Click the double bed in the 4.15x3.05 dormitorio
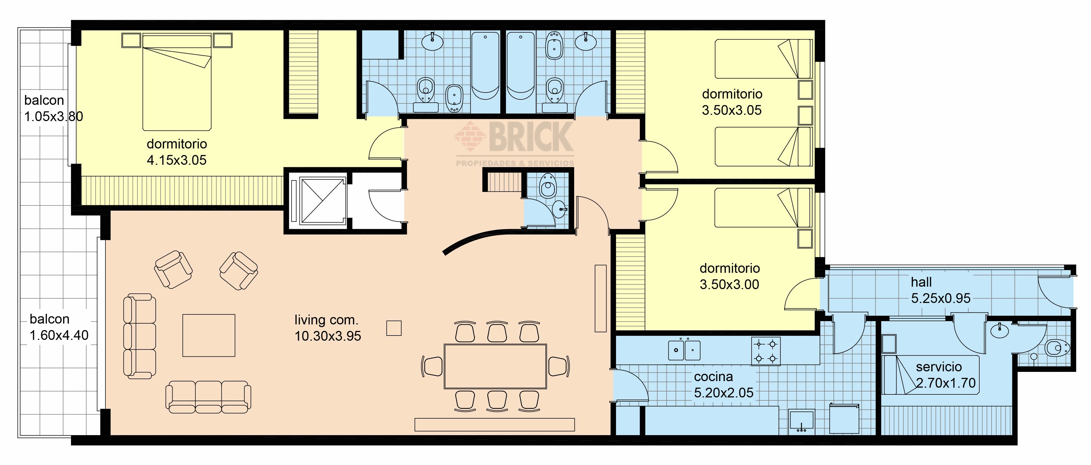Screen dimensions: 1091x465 coord(177,83)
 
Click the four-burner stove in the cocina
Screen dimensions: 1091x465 coord(766,351)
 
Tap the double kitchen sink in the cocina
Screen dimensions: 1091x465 coord(684,350)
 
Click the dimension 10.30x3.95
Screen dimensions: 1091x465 coord(328,336)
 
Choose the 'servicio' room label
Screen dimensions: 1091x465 coord(939,366)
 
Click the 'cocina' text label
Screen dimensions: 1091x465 coord(713,376)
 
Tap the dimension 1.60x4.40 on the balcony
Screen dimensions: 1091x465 coord(59,335)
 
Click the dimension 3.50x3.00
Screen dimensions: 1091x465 coord(729,284)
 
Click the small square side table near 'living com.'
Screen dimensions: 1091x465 coord(394,328)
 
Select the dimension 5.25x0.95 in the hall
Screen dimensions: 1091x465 coord(941,298)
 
